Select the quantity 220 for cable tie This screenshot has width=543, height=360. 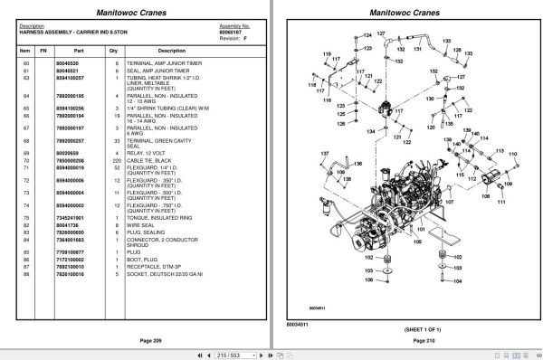[114, 159]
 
